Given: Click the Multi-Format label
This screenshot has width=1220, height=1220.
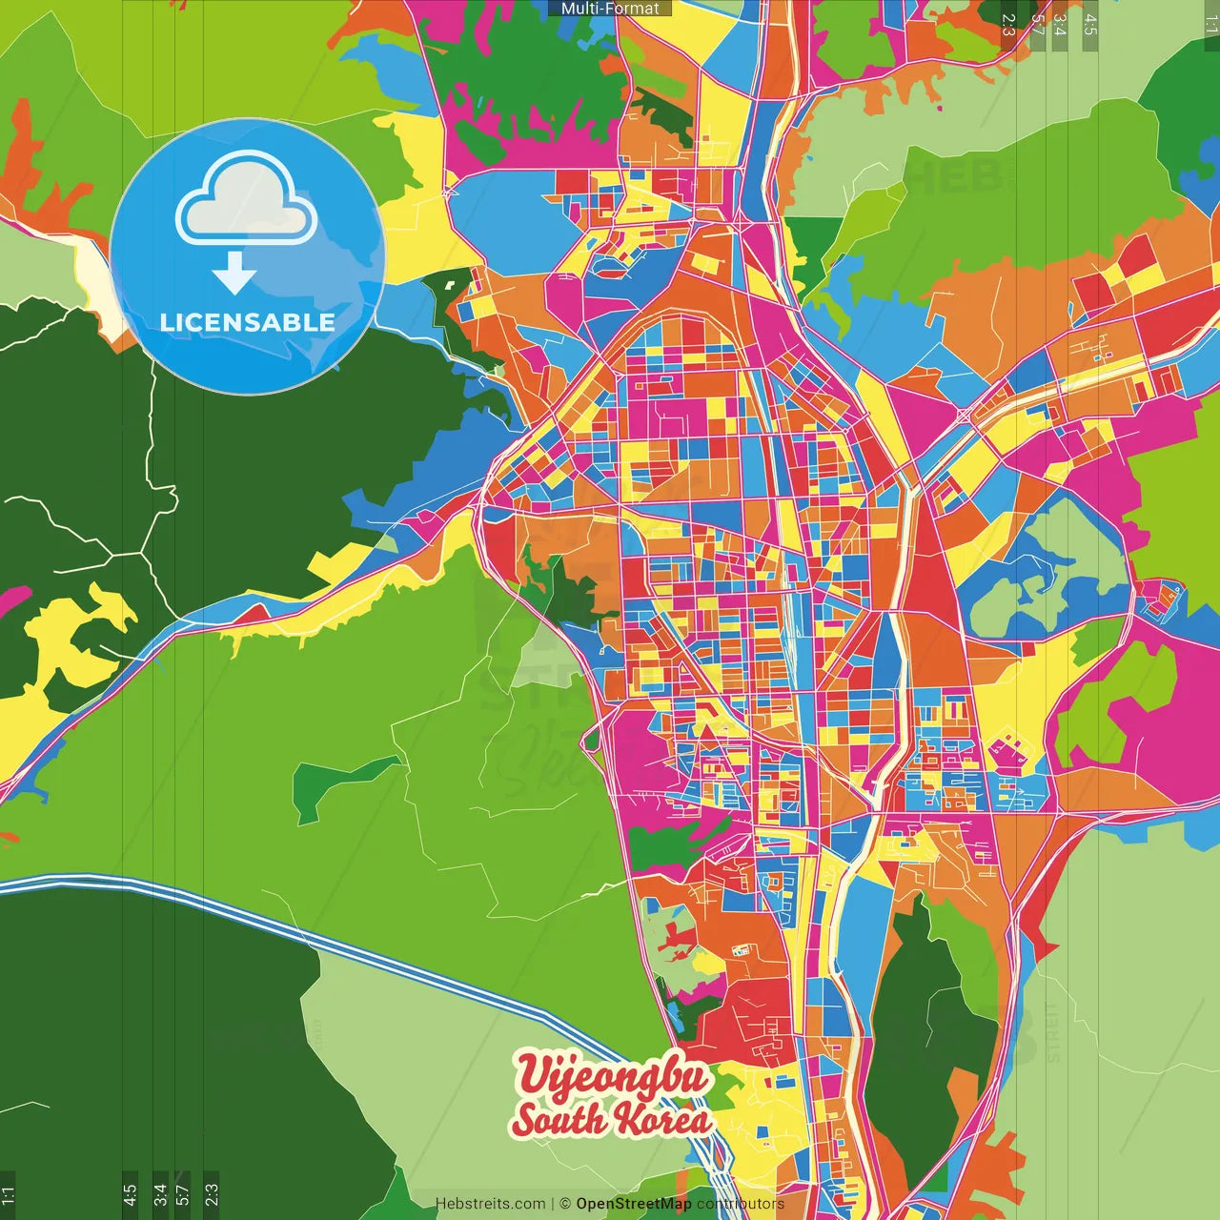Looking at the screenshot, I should coord(610,9).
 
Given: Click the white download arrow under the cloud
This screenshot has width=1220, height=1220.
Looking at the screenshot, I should coord(234,273).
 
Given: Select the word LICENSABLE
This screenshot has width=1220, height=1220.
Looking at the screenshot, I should coord(247,322).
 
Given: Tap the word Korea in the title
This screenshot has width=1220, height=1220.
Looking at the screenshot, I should coord(662,1119).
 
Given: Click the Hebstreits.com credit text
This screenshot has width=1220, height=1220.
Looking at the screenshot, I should coord(490,1204).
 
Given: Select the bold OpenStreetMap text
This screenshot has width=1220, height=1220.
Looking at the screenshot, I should coord(633,1204).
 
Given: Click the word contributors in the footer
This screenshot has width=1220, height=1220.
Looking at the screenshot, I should coord(740,1204).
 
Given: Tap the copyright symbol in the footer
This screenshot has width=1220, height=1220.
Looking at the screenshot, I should coord(564,1204).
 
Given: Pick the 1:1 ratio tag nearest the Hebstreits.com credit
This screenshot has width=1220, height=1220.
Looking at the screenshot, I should coord(8,1194).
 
